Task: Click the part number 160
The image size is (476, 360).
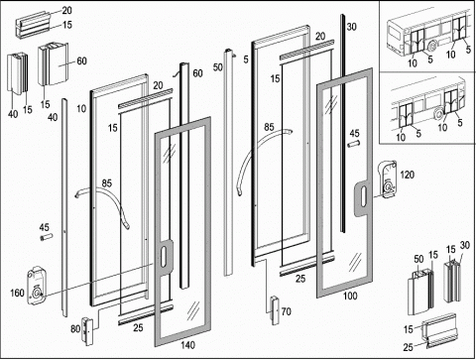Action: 17,293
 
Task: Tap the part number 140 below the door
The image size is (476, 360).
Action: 187,345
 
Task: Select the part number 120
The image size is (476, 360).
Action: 407,175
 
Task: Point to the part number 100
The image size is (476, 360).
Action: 350,296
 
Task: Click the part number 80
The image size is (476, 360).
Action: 75,328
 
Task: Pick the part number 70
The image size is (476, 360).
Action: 287,311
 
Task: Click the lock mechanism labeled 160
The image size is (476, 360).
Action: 37,286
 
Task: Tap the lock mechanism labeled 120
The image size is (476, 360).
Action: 387,180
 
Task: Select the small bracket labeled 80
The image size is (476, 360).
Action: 87,331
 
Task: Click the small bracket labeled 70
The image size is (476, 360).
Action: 275,310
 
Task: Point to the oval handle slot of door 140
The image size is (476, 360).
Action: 164,258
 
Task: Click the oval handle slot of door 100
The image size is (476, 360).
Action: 364,197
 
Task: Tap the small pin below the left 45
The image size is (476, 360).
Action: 47,237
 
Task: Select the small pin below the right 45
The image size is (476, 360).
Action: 353,144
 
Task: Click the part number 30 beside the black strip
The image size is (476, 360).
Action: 351,27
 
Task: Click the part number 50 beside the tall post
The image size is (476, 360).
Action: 217,67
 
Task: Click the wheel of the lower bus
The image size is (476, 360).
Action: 439,114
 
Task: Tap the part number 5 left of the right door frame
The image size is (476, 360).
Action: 246,60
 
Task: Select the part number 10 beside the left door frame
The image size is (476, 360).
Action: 81,108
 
